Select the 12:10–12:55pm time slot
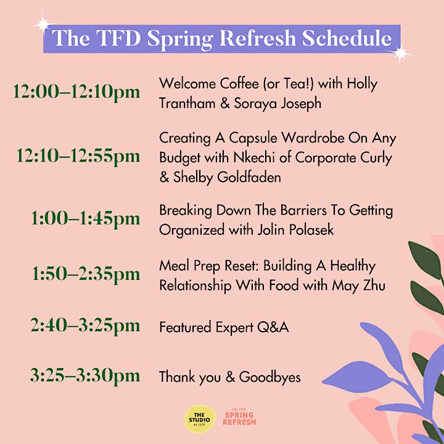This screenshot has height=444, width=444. tap(78, 157)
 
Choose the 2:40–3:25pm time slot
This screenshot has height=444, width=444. tap(85, 326)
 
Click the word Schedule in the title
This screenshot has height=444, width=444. tap(347, 38)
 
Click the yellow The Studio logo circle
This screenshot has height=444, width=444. tap(200, 419)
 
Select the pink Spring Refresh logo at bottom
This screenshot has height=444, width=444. tap(239, 417)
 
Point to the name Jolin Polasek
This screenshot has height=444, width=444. tap(295, 230)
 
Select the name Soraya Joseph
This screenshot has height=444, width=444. tap(277, 104)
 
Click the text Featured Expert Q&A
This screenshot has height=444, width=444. tap(224, 327)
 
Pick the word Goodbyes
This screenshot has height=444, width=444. tap(270, 377)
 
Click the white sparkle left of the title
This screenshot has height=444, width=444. tap(43, 25)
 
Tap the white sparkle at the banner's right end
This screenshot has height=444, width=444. tap(401, 53)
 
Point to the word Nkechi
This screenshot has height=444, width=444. tap(254, 158)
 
